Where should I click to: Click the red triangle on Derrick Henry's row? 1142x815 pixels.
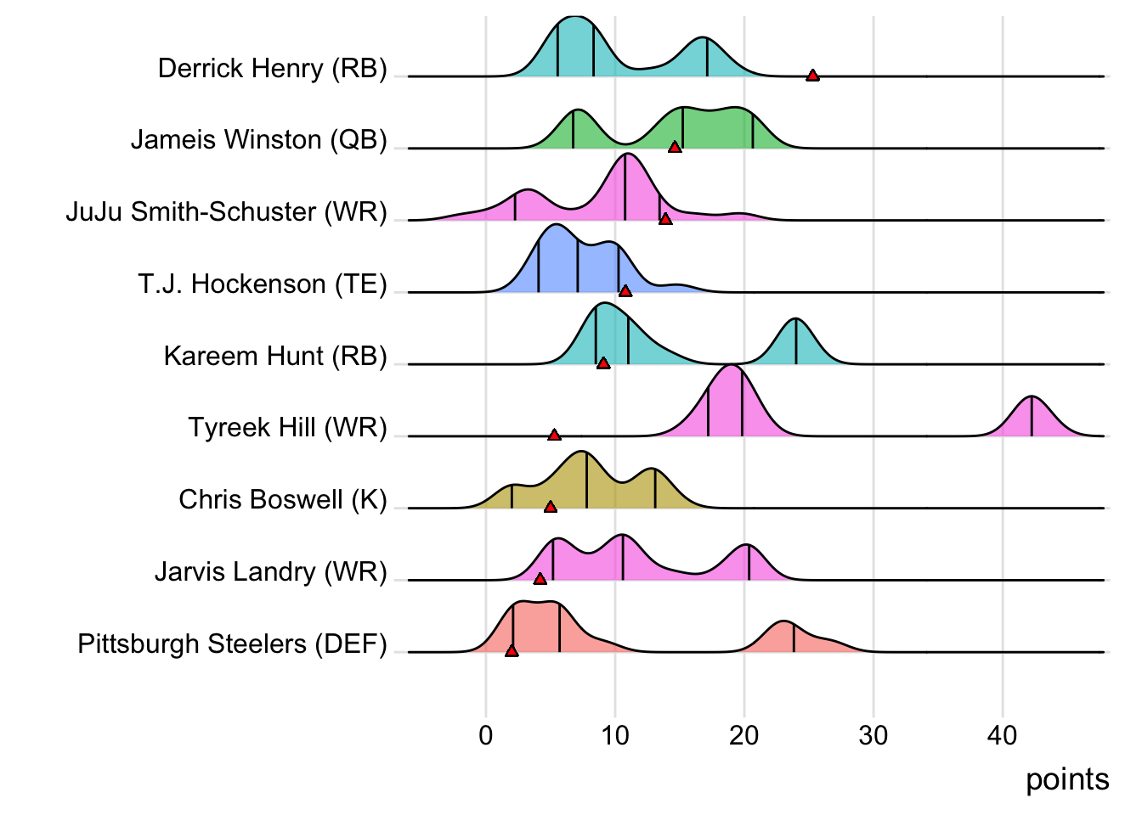(812, 76)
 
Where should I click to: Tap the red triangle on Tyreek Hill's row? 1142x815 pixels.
(554, 435)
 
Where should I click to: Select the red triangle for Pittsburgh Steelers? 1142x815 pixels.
(512, 650)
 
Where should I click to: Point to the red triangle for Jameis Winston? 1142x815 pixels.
(675, 147)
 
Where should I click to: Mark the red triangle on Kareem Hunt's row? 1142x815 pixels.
(603, 363)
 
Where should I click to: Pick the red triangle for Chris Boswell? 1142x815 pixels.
(550, 507)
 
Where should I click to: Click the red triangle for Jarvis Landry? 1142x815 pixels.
(540, 579)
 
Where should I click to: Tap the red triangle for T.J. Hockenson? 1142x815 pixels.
(625, 291)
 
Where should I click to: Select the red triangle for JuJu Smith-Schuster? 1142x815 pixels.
(665, 219)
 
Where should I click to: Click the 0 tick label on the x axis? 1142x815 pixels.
(486, 734)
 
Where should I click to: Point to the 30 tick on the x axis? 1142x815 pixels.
(873, 734)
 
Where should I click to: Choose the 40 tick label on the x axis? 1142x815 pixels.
(1003, 734)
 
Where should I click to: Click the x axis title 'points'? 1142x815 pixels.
(1067, 779)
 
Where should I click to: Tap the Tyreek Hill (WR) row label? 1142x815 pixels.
(287, 427)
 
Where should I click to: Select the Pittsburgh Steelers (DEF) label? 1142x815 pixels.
(232, 644)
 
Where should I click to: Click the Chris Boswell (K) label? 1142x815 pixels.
(282, 499)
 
